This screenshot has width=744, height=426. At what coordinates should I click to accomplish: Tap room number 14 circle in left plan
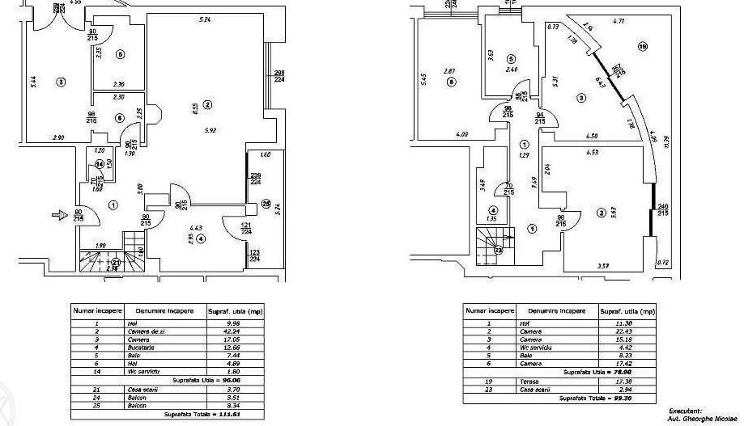coord(99,163)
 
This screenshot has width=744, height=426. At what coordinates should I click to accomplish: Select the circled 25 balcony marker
coord(266,205)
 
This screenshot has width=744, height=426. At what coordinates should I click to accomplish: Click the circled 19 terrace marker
coord(643,46)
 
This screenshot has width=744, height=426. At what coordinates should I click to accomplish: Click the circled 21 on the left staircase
coord(117,262)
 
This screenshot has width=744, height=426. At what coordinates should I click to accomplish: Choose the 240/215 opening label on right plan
coord(664,209)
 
